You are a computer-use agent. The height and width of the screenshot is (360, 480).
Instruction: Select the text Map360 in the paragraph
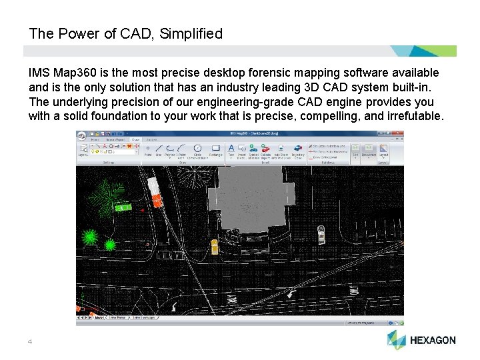click(73, 73)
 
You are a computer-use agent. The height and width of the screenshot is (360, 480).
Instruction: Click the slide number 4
click(30, 342)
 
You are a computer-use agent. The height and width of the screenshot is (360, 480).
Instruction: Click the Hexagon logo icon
click(396, 339)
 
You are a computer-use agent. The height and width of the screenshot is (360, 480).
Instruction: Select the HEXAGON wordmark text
click(433, 340)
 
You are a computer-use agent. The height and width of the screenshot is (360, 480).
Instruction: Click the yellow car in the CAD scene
click(214, 246)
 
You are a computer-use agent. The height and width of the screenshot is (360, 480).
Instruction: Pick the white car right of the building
click(321, 234)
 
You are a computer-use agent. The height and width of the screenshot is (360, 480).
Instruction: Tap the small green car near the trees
click(123, 207)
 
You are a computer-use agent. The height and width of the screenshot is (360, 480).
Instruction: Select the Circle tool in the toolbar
click(197, 150)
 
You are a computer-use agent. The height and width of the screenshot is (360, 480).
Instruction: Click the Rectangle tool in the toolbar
click(215, 150)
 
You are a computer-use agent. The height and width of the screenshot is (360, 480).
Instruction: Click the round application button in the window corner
click(81, 135)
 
